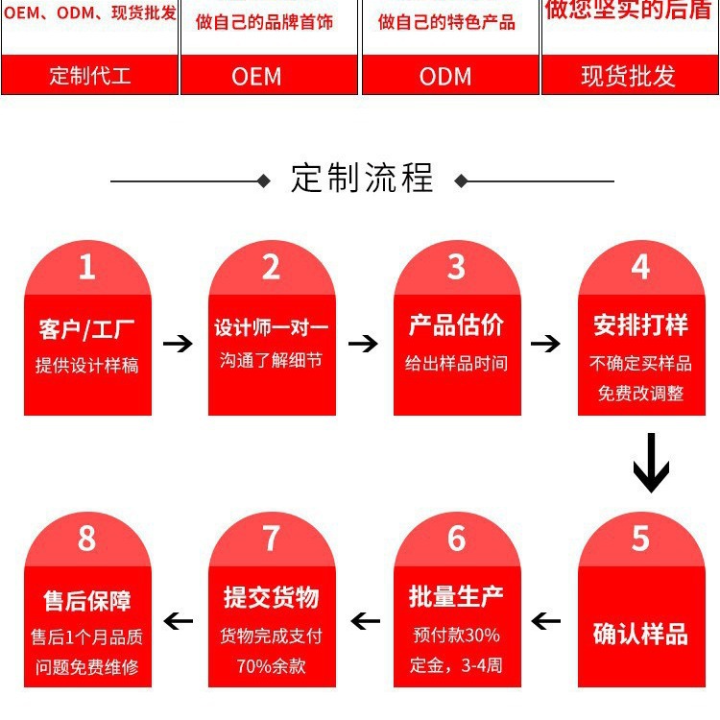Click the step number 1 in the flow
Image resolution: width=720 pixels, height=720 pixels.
click(x=87, y=267)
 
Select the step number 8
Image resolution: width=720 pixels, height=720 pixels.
click(x=87, y=539)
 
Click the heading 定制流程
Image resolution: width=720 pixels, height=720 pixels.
click(x=362, y=179)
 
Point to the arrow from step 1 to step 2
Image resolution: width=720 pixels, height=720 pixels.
click(x=179, y=343)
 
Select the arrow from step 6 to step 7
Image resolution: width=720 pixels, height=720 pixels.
click(x=363, y=621)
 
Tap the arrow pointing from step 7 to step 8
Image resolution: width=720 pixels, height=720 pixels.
click(x=179, y=621)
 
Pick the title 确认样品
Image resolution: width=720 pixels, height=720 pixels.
click(x=640, y=634)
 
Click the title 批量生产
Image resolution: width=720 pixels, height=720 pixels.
click(x=456, y=596)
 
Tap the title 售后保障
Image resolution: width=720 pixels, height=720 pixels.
click(x=87, y=601)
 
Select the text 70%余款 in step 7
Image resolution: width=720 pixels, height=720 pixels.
click(x=271, y=666)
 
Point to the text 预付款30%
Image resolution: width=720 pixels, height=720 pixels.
click(x=456, y=636)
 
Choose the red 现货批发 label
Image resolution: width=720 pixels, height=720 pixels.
click(x=630, y=76)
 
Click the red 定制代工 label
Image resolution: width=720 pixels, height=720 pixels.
click(x=90, y=76)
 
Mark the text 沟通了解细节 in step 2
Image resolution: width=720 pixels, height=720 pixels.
click(x=271, y=362)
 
